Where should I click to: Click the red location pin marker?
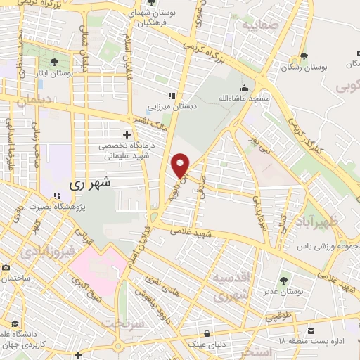(181, 165)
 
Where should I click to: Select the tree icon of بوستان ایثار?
(54, 63)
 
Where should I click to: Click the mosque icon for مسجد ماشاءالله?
(245, 89)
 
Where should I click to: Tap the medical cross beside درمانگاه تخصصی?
(127, 134)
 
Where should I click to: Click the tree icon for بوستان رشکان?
(304, 57)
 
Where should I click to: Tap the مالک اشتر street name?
(159, 124)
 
